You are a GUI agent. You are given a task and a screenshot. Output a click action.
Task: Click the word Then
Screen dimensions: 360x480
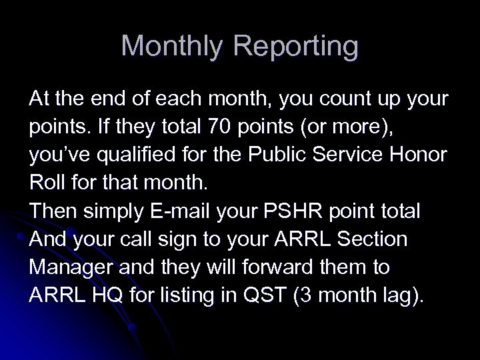pos(51,211)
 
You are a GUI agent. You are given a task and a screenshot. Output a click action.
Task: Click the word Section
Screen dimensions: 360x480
pos(377,239)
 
